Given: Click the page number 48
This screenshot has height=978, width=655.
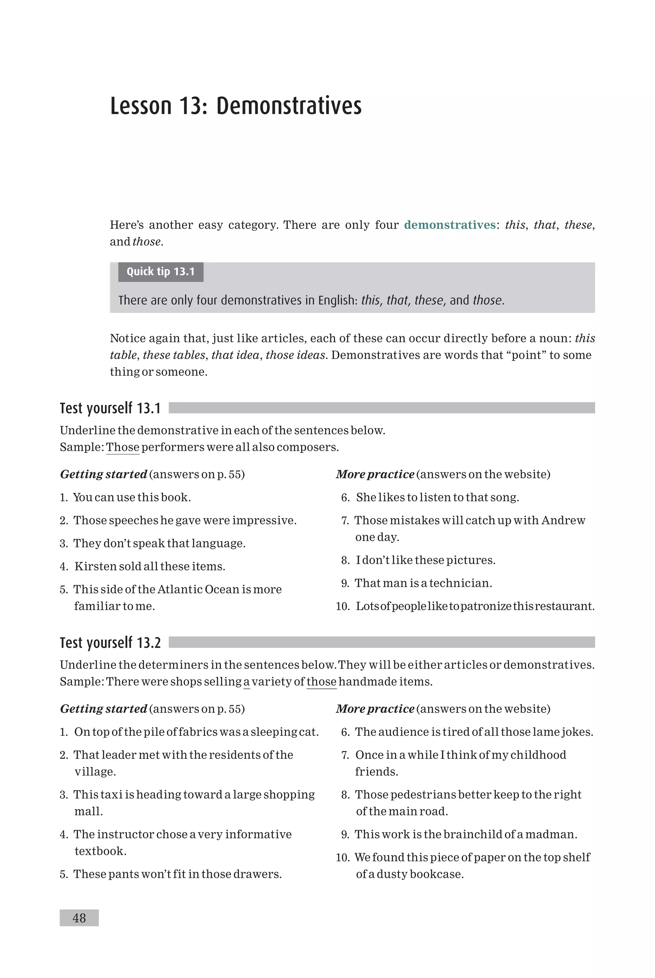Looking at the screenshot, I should tap(79, 918).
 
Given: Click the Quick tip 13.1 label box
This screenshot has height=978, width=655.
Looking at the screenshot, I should tap(161, 272).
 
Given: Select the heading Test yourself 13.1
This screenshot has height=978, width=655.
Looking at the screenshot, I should tap(110, 408).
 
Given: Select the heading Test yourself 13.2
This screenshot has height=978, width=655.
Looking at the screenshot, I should tap(110, 642).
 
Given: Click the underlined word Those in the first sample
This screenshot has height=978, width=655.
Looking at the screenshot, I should tap(122, 447).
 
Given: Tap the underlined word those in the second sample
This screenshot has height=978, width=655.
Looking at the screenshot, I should tap(321, 681).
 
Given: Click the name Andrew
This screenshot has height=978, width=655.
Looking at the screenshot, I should tap(563, 520).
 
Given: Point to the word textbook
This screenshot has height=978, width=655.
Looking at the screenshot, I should tap(100, 851).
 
